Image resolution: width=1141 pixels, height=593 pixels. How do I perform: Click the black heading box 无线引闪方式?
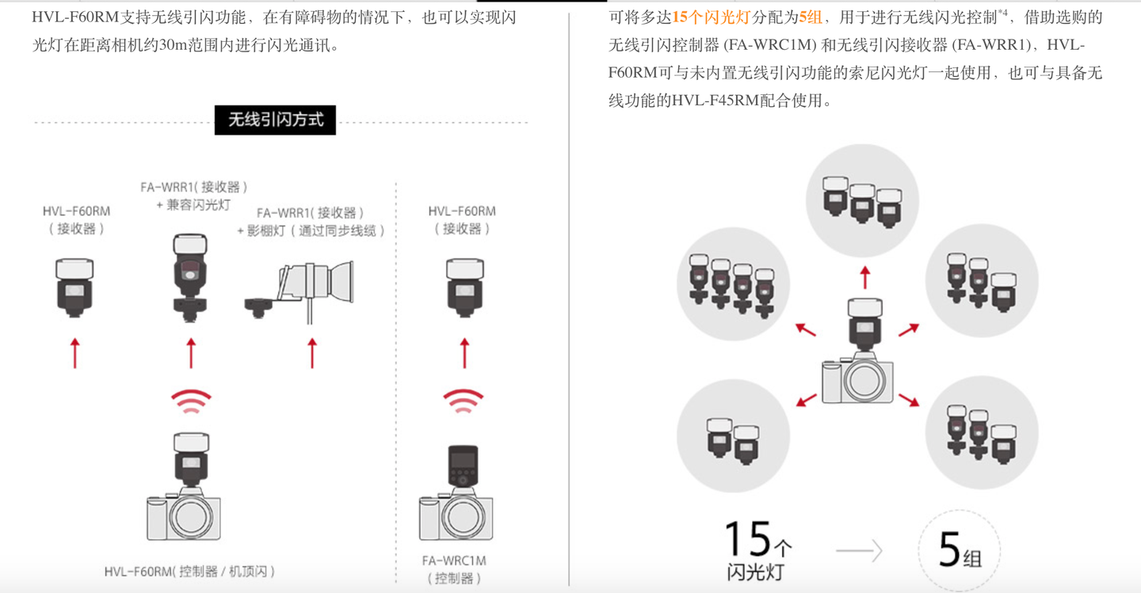[x=275, y=120]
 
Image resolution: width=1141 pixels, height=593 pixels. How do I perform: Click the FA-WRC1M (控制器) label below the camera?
[x=454, y=569]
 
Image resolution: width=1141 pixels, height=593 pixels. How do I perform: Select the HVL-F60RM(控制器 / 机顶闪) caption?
[x=189, y=571]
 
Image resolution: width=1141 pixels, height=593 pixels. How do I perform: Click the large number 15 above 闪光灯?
[x=748, y=539]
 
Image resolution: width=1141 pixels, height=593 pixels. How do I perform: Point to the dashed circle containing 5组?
[x=959, y=550]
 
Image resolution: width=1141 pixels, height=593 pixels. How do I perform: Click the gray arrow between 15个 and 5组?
[x=859, y=551]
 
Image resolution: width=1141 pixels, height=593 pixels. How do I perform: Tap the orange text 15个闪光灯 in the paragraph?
[x=711, y=17]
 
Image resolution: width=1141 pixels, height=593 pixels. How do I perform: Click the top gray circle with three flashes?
[x=862, y=199]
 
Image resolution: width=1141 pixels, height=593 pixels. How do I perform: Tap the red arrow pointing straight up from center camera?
[x=864, y=277]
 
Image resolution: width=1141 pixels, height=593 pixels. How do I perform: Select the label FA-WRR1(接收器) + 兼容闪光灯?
[x=194, y=196]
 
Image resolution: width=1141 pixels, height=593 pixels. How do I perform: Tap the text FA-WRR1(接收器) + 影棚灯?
[x=311, y=222]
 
